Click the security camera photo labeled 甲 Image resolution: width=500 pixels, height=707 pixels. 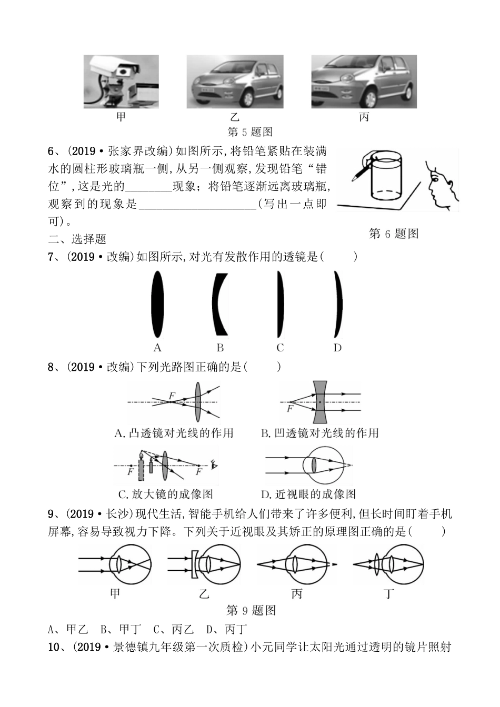click(121, 82)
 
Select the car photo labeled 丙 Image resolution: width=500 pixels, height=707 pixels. click(364, 82)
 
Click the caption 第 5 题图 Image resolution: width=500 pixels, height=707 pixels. click(249, 132)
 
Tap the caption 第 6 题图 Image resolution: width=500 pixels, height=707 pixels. click(394, 234)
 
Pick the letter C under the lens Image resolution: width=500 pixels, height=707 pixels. click(280, 348)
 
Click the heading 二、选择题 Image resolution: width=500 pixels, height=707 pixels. click(77, 239)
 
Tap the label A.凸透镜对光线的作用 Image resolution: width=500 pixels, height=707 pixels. click(174, 433)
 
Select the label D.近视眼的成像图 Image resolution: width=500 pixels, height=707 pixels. click(308, 494)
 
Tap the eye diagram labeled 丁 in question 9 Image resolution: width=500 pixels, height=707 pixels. click(389, 565)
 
